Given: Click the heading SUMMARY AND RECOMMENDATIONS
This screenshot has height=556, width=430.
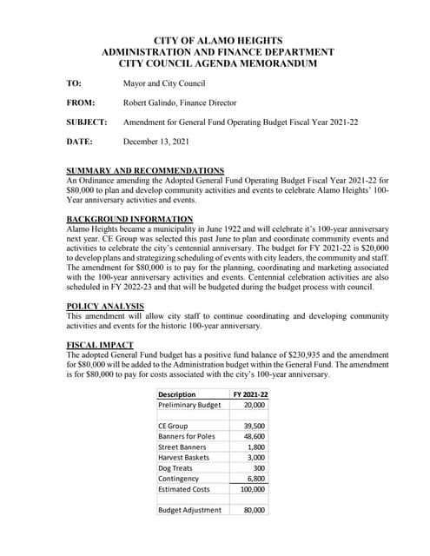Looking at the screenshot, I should coord(145,170).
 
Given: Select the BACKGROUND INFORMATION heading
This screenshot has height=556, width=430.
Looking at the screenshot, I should coord(129,218).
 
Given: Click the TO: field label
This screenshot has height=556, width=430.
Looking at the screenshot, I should coord(74,83).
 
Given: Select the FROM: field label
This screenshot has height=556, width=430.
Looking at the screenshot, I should coord(80,103).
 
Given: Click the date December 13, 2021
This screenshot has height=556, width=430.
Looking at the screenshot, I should coord(155,142).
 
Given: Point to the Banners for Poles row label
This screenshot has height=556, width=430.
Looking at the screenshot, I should coord(186,436).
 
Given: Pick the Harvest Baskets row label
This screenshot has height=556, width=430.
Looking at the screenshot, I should coord(183,457).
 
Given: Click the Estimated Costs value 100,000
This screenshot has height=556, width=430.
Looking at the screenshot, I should coord(252,488).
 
